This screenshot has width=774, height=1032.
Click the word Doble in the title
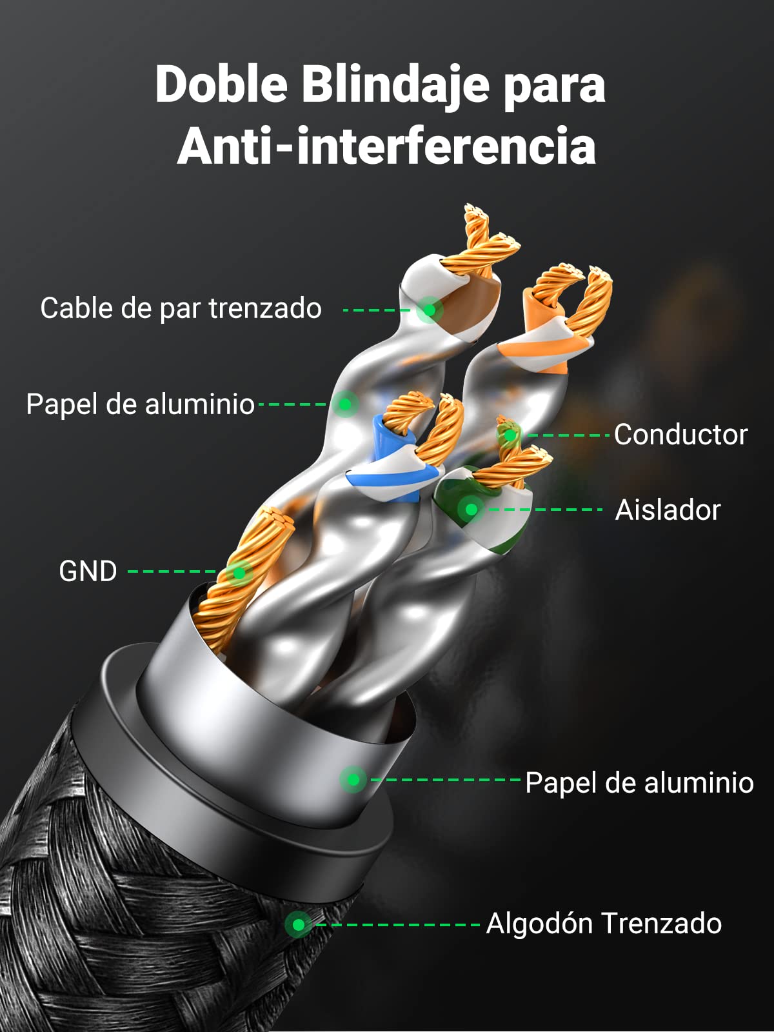coord(221,85)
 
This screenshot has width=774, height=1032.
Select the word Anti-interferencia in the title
coord(386,146)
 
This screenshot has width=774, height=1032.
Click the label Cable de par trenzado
coord(181,308)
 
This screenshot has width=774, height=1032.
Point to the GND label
coord(88,571)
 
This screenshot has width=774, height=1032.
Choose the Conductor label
coord(680,435)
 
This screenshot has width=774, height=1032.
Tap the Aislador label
coord(668,510)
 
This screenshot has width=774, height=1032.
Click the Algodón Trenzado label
coord(604,924)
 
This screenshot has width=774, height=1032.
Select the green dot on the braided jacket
coord(299,925)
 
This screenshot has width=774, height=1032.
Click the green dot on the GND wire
coord(239,573)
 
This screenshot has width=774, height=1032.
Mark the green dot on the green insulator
coord(471,509)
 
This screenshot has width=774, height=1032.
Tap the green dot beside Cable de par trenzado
coord(429,310)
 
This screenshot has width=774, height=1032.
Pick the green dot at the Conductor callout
coord(510,435)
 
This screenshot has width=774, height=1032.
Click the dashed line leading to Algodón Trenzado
coord(397,925)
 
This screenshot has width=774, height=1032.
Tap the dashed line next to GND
coord(172,571)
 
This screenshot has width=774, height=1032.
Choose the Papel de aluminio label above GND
coord(140,404)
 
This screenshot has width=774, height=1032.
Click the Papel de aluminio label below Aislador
coord(639,783)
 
